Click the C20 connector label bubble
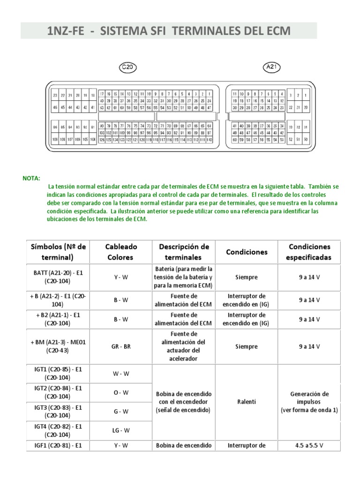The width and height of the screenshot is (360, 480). coord(127,67)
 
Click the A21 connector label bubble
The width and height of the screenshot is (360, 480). coord(272,67)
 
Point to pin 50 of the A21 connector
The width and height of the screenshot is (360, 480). coord(305,140)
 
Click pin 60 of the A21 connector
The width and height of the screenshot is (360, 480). coord(235,140)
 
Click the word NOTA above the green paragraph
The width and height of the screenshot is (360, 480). coord(31,179)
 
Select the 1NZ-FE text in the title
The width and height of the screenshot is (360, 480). coord(66,31)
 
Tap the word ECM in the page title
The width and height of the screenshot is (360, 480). coord(276,31)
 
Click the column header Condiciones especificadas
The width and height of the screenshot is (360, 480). coord(309,252)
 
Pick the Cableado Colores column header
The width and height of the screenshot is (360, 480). coord(121,252)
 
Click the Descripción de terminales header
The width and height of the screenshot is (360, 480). coord(184,252)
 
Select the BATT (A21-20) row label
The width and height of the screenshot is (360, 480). coord(59,277)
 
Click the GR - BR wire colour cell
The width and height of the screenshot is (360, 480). coord(121,347)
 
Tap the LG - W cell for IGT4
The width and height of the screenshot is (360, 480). coord(121,430)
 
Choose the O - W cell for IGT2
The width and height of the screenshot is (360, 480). coord(121,392)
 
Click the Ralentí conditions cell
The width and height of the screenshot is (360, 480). coord(246,402)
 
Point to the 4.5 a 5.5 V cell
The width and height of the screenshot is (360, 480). coord(309,446)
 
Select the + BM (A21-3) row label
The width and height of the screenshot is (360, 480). coord(59,347)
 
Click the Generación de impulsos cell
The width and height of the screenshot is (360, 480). coord(309,402)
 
